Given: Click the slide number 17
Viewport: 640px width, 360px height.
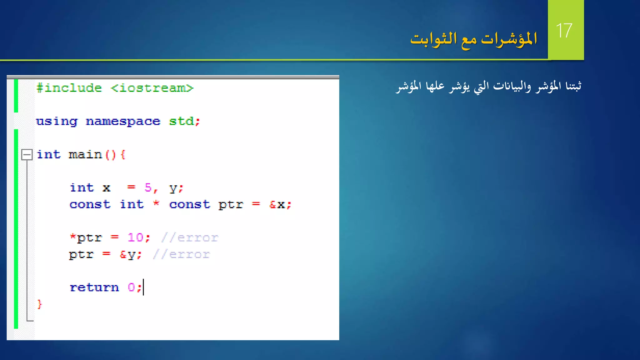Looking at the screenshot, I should coord(564,31).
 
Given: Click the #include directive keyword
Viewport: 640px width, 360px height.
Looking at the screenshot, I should coord(69,88).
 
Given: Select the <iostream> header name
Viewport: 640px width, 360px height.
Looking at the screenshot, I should coord(152,88).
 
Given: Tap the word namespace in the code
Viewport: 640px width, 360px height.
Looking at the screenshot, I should coord(123,121).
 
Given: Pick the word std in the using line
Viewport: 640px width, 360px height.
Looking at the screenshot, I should coord(181,121).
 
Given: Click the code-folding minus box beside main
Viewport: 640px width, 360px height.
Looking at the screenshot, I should coord(27,154).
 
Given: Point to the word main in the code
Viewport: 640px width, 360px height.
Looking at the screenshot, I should coord(85,154).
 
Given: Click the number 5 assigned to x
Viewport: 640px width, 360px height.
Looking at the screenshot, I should coord(148,187).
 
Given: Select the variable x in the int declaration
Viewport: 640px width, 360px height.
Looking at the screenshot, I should coord(106,188).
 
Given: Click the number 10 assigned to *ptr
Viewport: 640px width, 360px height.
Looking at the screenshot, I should coord(135,237).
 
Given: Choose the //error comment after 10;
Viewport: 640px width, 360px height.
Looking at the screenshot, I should coord(190,238).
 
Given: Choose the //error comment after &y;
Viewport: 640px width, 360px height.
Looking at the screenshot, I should coord(181,254).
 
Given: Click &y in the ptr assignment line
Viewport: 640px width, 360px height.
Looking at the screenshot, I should coord(127,255).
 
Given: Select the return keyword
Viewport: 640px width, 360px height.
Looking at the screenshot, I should coord(94,287).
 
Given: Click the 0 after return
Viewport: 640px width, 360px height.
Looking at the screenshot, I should coord(131,287).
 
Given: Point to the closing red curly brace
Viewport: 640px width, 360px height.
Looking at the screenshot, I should coord(40,304).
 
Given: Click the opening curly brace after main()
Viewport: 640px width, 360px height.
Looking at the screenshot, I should coord(123,154).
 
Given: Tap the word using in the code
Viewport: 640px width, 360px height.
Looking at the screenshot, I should coord(57,121).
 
